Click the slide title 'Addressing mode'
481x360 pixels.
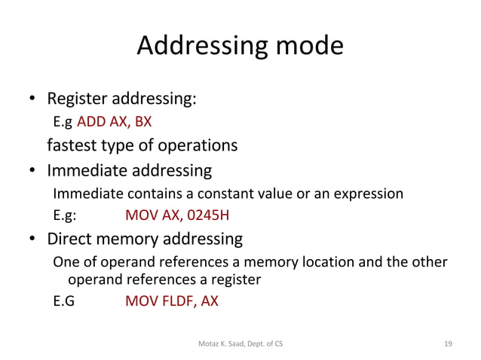tap(240, 47)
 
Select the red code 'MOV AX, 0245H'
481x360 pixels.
tap(177, 217)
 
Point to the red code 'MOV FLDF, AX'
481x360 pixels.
tap(172, 301)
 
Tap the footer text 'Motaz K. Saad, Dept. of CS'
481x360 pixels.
tap(240, 343)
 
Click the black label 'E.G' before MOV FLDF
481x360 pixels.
tap(63, 301)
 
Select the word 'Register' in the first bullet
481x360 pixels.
tap(78, 99)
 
